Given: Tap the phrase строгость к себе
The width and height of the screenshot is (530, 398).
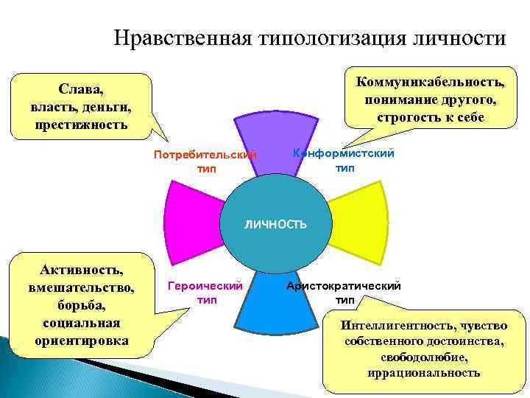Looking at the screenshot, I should tap(431, 117).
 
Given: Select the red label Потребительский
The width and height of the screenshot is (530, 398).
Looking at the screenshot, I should tap(205, 156).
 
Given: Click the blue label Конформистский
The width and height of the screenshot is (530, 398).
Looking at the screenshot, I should tap(344, 153).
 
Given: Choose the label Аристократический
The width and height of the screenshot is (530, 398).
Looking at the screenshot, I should tap(344, 286).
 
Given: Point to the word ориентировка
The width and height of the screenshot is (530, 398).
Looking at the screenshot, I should tap(81, 341).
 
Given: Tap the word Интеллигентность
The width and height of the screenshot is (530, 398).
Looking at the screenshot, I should tap(394, 325).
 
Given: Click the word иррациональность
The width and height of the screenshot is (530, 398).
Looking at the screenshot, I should tap(423, 372).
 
